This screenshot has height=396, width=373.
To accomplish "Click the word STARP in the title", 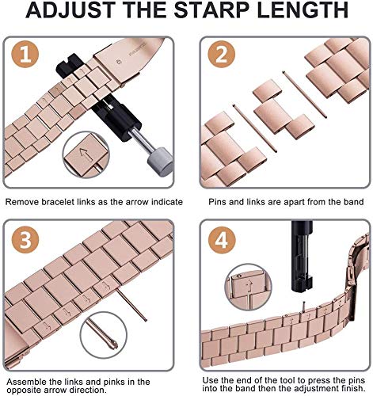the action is [211, 10].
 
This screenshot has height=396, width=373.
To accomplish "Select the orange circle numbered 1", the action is [25, 55].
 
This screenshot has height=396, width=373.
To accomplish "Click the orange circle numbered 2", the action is [221, 55].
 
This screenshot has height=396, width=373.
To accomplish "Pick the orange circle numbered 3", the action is [25, 240].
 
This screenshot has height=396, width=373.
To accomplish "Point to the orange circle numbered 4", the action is [222, 240].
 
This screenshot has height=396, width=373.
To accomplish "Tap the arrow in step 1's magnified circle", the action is [86, 154].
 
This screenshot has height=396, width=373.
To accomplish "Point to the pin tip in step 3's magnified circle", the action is [113, 345].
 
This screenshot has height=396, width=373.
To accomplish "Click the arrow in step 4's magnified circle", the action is [249, 287].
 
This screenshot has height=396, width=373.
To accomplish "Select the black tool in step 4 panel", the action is [303, 256].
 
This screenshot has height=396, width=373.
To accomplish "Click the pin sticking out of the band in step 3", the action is [131, 304].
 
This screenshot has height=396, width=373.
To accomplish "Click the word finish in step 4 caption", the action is [353, 389].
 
